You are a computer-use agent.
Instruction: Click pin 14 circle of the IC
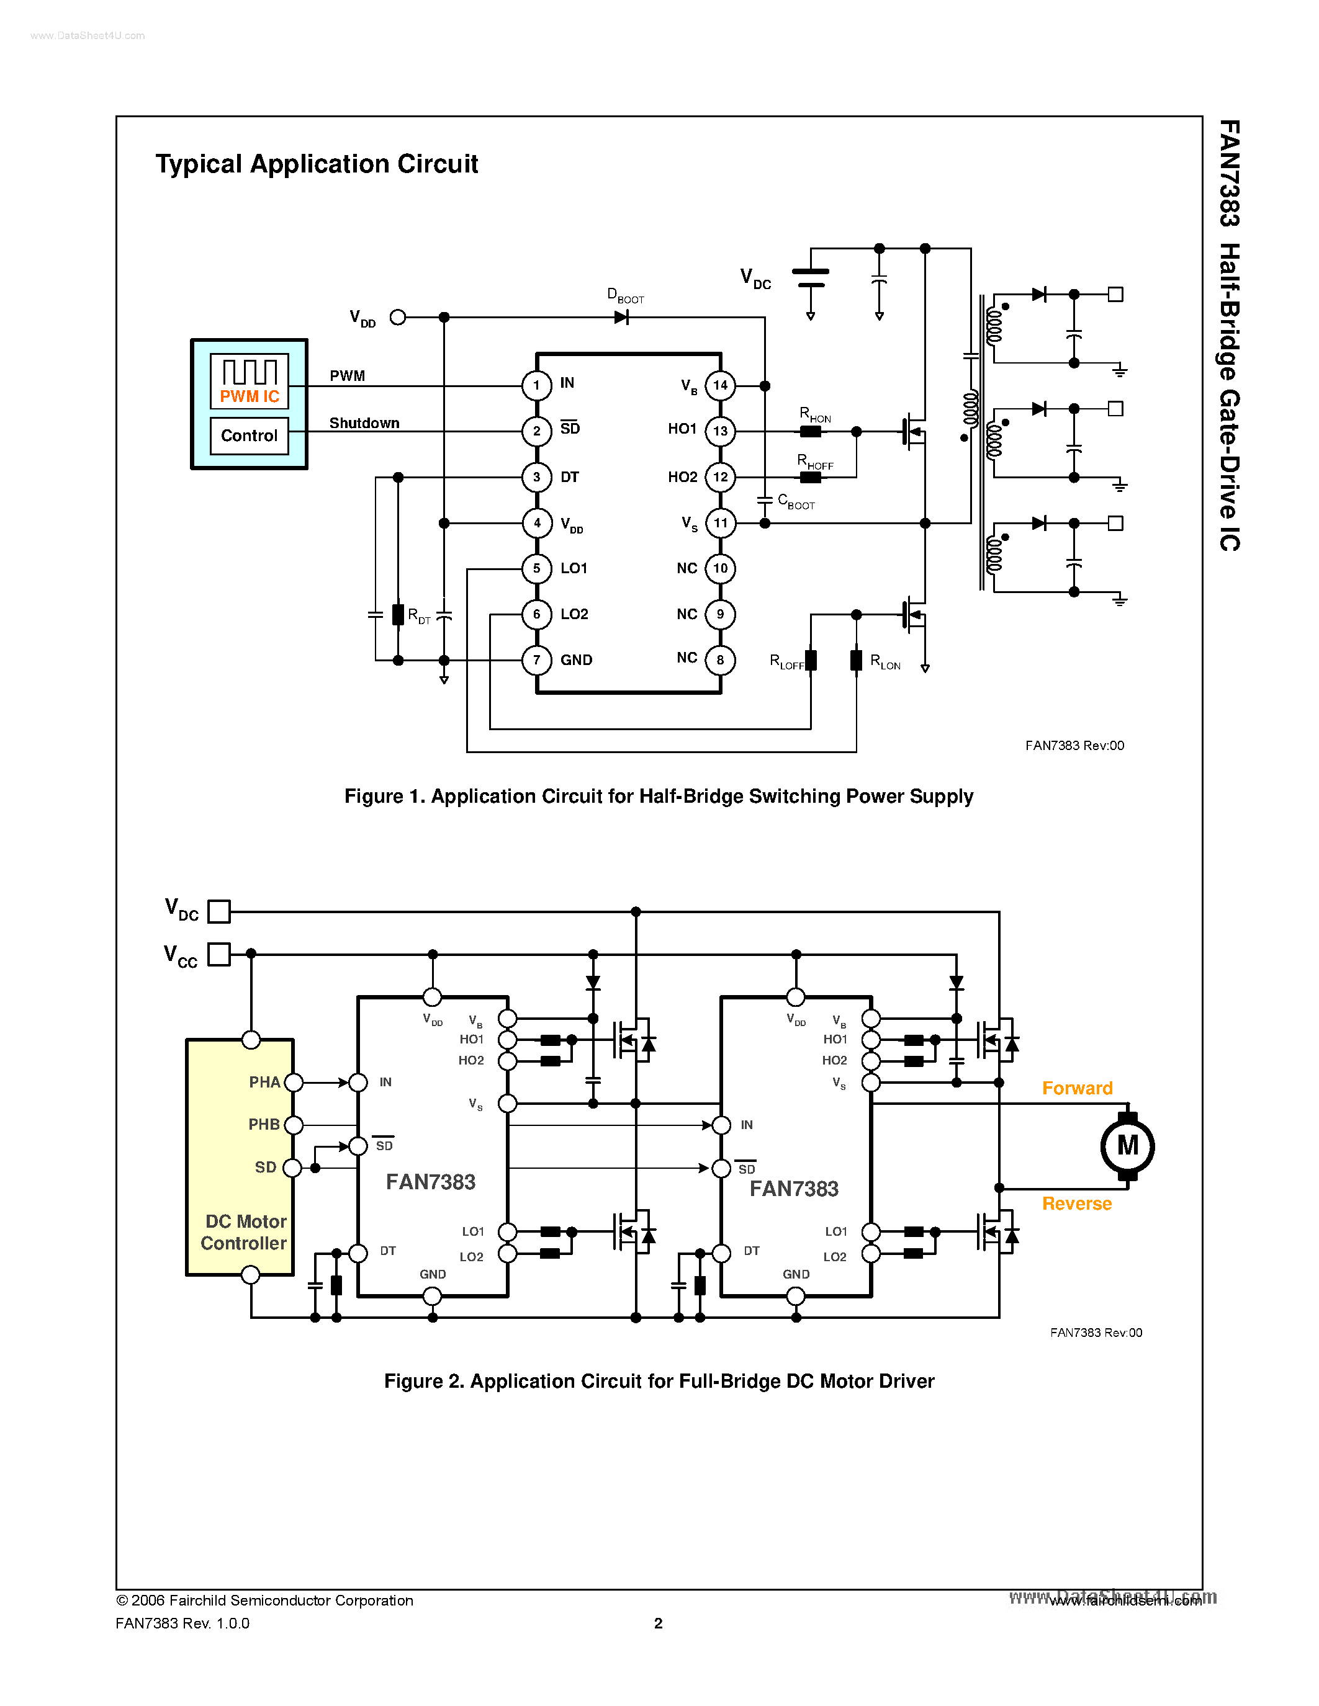(719, 385)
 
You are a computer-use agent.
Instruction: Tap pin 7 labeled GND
(537, 660)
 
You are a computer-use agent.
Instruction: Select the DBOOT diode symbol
(621, 317)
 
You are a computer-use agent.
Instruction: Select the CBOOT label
(796, 501)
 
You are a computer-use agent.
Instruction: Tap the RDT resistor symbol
(398, 615)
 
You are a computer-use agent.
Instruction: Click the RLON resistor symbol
(857, 660)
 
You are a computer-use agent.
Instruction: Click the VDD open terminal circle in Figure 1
(398, 317)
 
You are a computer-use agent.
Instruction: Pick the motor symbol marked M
(1127, 1146)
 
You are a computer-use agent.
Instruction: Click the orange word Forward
(1077, 1088)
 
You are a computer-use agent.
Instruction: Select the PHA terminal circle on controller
(293, 1082)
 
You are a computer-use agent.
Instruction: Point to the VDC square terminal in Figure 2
(218, 911)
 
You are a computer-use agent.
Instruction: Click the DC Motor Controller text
(244, 1232)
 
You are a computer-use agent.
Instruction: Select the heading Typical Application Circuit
(317, 164)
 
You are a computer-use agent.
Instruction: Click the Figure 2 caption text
(659, 1381)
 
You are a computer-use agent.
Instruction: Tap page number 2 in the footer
(658, 1623)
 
